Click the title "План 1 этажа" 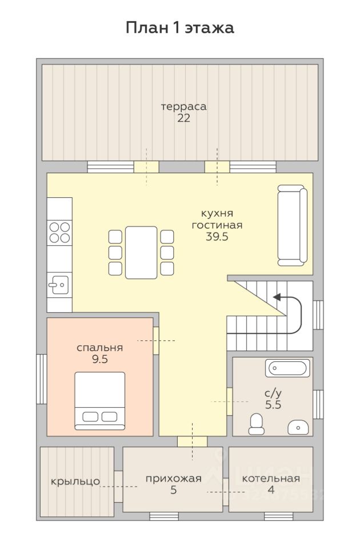tap(180, 28)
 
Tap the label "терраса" tap(183, 106)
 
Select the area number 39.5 tap(217, 237)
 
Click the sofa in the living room tap(293, 225)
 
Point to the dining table tap(141, 252)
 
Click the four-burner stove tap(59, 233)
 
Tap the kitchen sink tap(59, 285)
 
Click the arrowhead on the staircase tap(277, 297)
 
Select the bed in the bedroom tap(100, 401)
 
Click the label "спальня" tap(99, 348)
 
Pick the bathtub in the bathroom tap(287, 368)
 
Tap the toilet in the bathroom tap(257, 424)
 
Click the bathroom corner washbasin tap(298, 428)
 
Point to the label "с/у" tap(273, 394)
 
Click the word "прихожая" tap(174, 479)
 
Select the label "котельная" tap(271, 479)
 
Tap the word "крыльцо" tap(75, 482)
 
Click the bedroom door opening tap(156, 340)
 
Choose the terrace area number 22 tap(183, 118)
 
